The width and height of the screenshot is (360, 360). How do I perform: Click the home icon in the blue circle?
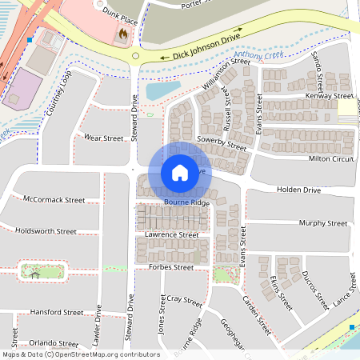[179, 172]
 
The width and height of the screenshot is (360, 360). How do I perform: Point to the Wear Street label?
[103, 138]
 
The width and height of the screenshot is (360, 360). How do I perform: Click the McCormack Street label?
[54, 199]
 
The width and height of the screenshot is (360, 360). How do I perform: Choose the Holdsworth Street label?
[46, 230]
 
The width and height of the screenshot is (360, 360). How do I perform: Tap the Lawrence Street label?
[171, 235]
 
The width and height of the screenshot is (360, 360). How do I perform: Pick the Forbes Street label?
[165, 268]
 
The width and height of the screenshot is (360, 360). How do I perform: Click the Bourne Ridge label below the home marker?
[186, 203]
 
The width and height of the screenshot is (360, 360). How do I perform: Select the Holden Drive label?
[298, 190]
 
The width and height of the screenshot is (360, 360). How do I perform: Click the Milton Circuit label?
[331, 158]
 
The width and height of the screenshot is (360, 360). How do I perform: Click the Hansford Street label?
[56, 312]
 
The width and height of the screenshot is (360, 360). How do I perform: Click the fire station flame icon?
[122, 34]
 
